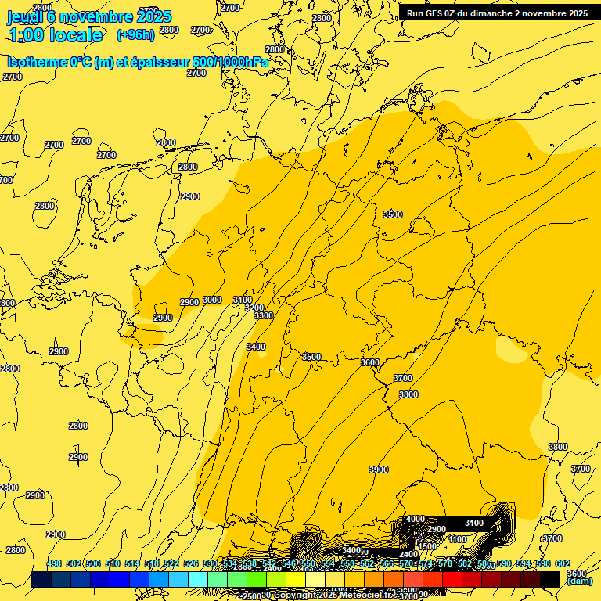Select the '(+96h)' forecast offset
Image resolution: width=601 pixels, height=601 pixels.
(135, 34)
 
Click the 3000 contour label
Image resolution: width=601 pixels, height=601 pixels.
(212, 300)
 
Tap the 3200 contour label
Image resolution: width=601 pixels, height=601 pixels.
(254, 308)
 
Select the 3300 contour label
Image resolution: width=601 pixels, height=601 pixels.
(264, 315)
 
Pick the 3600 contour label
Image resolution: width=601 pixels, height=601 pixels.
(370, 362)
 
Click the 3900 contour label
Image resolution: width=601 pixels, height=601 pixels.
(379, 470)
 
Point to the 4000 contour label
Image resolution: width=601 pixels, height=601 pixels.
(416, 519)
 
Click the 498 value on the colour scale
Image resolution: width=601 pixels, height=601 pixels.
(54, 563)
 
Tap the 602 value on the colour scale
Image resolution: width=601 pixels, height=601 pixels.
(562, 563)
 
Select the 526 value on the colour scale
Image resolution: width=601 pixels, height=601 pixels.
(191, 563)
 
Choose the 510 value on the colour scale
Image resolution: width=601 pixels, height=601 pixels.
(113, 563)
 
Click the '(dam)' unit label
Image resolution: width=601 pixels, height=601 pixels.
(578, 581)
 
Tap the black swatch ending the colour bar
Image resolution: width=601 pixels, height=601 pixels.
(550, 579)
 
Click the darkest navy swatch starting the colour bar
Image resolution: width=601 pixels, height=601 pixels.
(41, 579)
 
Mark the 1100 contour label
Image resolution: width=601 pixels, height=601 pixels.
(458, 539)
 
